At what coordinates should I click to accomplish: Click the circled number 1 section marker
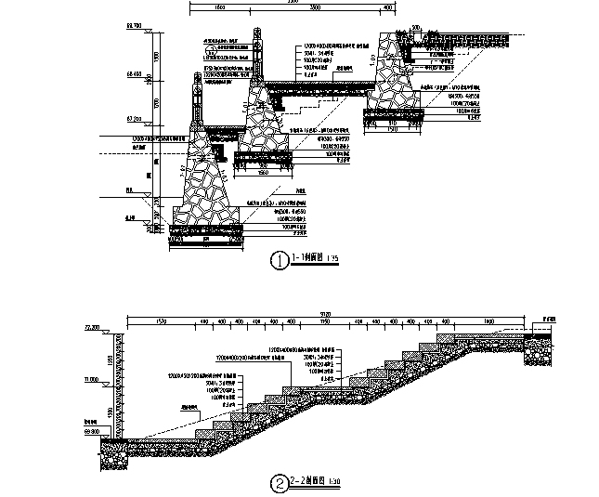tap(277, 261)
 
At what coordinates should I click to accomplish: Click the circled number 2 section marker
tap(278, 483)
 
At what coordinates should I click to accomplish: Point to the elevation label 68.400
tap(132, 73)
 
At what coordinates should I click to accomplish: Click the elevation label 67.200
tap(132, 119)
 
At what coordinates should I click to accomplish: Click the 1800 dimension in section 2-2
tap(488, 321)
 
